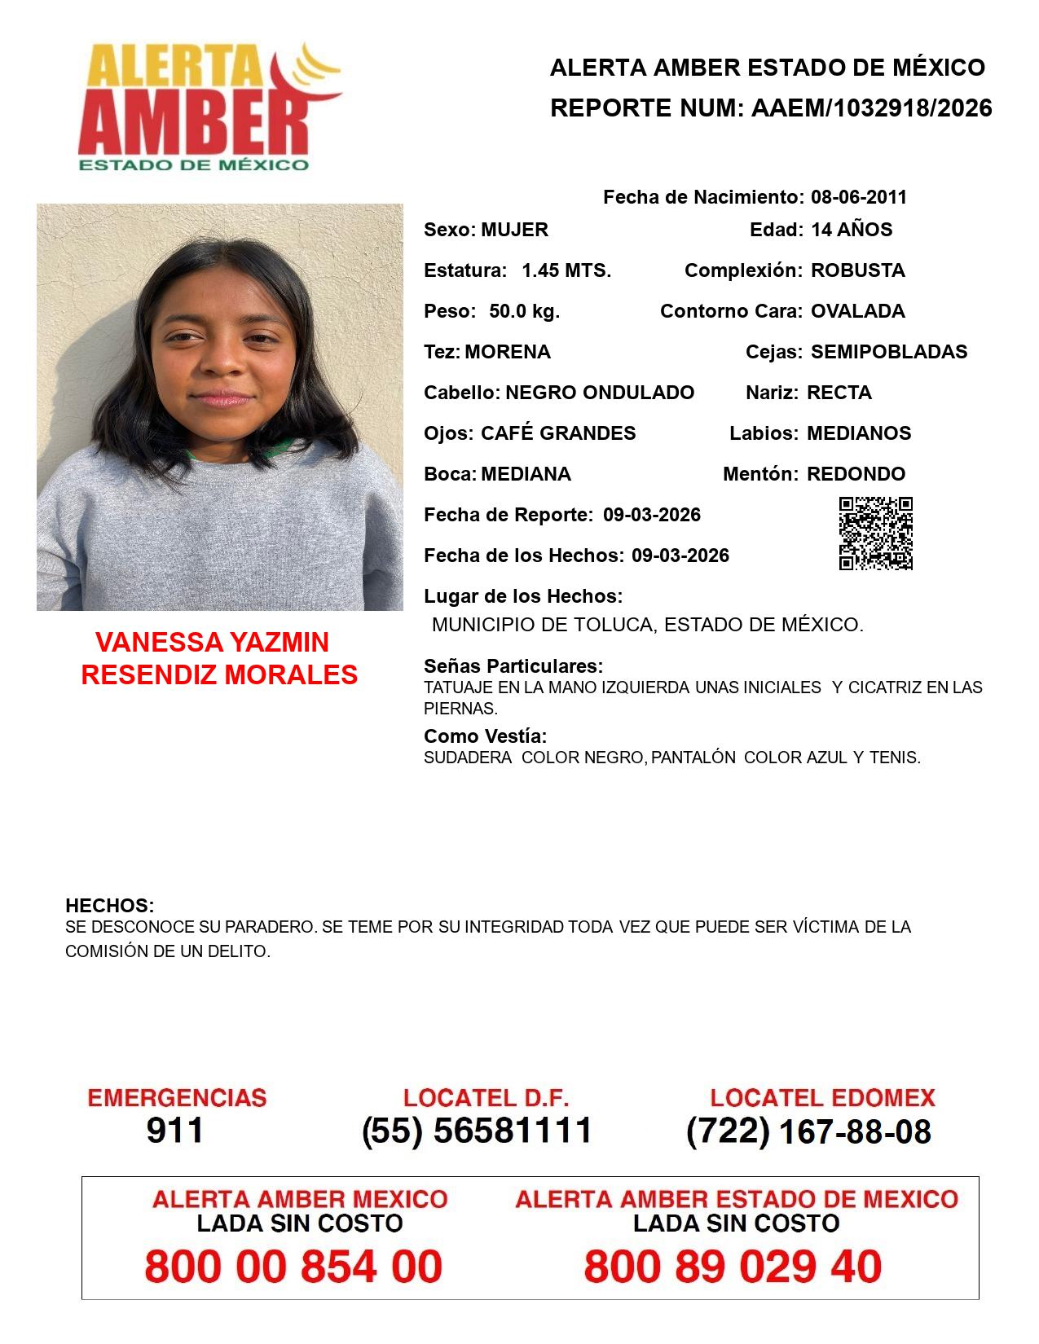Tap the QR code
(x=876, y=534)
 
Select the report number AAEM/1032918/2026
(x=871, y=108)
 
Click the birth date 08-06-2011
(x=858, y=197)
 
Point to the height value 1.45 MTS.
(x=566, y=270)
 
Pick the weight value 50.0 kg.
(x=524, y=311)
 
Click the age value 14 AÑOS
(x=852, y=230)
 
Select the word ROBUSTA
(x=857, y=270)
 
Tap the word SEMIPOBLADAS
(x=889, y=352)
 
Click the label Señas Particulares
(x=513, y=666)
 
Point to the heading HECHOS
(x=109, y=906)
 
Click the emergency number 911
(x=174, y=1131)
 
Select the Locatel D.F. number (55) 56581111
(x=478, y=1131)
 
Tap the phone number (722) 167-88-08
(x=808, y=1131)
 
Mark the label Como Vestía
(x=485, y=736)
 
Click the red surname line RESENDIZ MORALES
(x=219, y=674)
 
